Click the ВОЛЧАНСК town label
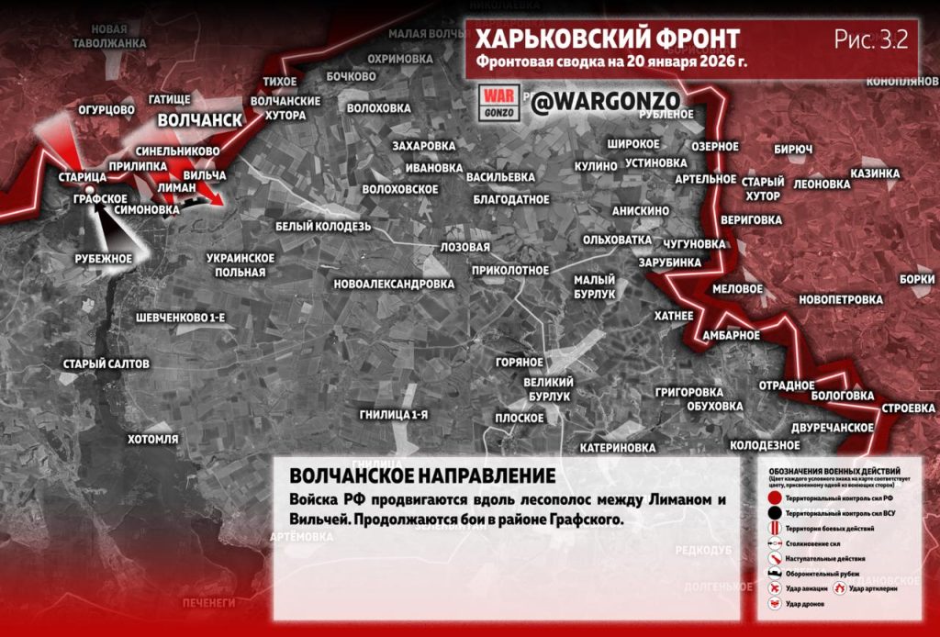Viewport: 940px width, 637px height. tap(199, 120)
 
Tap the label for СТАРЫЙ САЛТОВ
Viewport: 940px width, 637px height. tap(106, 364)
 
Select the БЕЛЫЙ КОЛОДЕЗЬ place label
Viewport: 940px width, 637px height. tap(323, 226)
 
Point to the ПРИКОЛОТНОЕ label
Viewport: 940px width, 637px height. tap(509, 270)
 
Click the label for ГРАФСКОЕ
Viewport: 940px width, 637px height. tap(100, 197)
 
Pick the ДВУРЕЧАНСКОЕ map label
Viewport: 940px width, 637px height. tap(832, 428)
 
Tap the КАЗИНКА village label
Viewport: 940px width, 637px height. tap(874, 173)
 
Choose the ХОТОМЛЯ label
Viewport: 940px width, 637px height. tap(152, 439)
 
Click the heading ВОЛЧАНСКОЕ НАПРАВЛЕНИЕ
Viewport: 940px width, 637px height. tap(421, 476)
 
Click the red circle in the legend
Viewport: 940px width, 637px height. tap(776, 497)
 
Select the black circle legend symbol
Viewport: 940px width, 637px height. tap(776, 512)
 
